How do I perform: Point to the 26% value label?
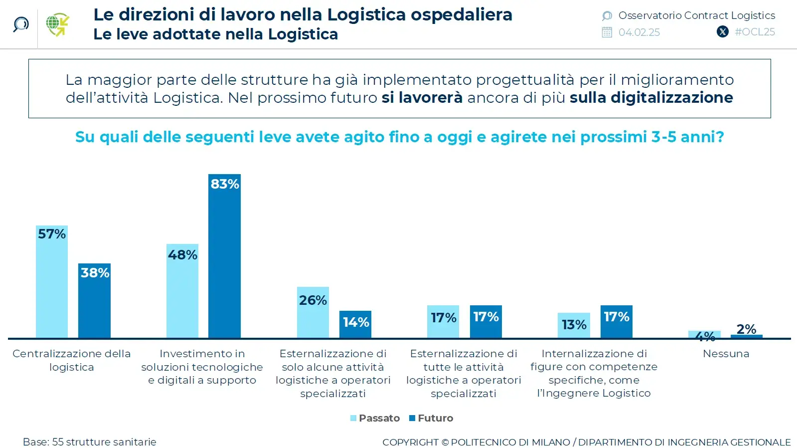[313, 300]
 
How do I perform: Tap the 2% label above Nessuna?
[746, 329]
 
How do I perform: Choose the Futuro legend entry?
[431, 418]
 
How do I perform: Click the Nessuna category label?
[726, 354]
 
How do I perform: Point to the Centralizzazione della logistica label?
[71, 360]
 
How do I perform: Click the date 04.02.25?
[639, 32]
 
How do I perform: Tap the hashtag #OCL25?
[755, 32]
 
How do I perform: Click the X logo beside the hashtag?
[722, 32]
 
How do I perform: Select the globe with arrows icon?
[57, 24]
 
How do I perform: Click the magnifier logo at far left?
[20, 24]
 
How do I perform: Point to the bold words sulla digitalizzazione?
[651, 97]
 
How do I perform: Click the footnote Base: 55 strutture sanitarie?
[90, 442]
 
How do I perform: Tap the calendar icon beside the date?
[607, 32]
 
